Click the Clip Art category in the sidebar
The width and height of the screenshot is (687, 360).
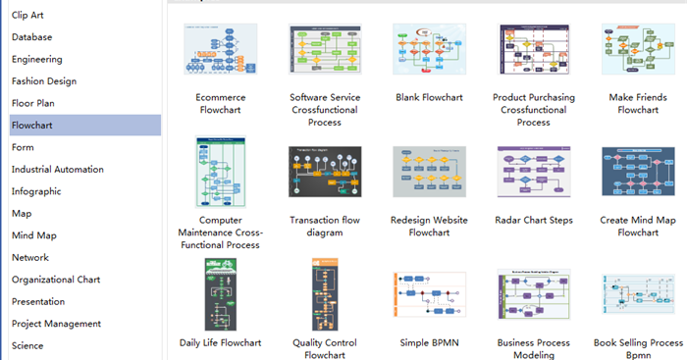(27, 15)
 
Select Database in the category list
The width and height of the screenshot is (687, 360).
(32, 37)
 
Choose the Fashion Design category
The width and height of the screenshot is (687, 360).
(44, 81)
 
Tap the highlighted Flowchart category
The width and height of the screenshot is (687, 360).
(32, 126)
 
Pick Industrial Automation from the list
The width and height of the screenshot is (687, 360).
(57, 170)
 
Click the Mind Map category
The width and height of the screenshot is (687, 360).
(34, 235)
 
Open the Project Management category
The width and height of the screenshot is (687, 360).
(56, 324)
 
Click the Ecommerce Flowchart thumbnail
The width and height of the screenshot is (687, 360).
(221, 49)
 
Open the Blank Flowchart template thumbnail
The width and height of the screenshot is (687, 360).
(428, 49)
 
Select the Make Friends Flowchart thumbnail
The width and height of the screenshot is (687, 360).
(637, 49)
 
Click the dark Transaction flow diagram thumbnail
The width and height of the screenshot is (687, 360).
(325, 173)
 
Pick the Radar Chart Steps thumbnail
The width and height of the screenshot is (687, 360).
(533, 173)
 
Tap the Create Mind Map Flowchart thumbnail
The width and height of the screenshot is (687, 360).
(637, 173)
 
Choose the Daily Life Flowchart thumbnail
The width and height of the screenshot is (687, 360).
(221, 295)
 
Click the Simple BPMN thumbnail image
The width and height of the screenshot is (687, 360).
(428, 295)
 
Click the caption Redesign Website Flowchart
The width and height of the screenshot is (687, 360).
(428, 227)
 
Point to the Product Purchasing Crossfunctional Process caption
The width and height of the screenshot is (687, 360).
(533, 110)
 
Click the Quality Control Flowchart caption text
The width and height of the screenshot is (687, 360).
(325, 349)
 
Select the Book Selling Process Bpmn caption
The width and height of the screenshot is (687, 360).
(637, 349)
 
